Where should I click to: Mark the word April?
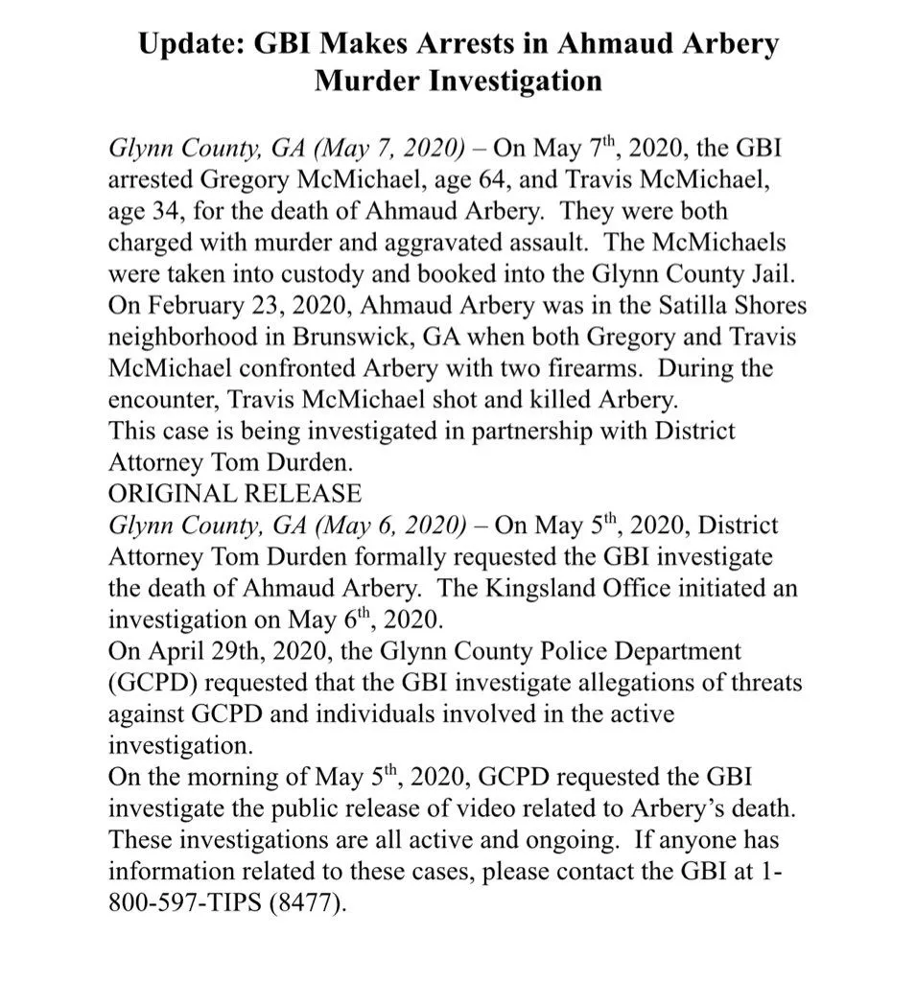click(x=179, y=651)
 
